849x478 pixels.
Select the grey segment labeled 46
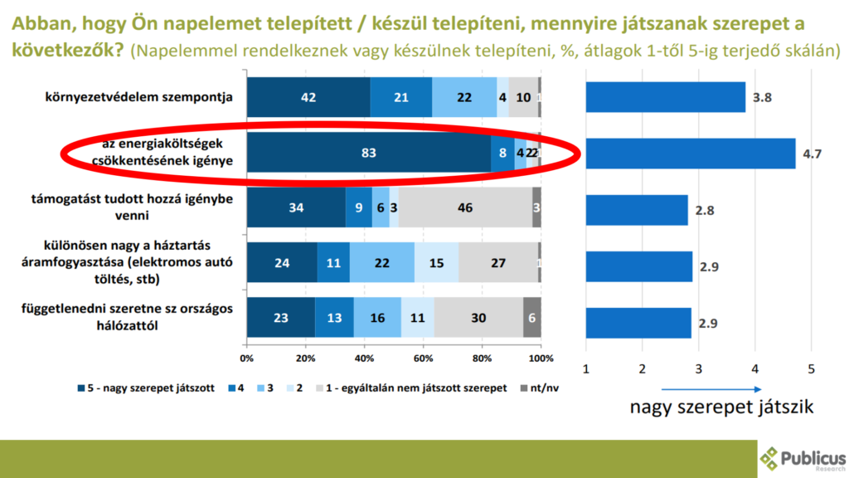coord(465,208)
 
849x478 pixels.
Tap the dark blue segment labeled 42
coord(308,97)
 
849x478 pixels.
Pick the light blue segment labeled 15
coord(436,263)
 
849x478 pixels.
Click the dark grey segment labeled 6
coord(532,318)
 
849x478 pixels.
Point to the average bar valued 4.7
coord(690,154)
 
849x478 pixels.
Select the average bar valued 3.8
coord(665,97)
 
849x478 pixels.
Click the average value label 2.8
coord(706,210)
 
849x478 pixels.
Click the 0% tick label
coord(246,358)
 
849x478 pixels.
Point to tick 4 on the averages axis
coord(755,368)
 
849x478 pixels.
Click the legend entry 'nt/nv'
coord(540,388)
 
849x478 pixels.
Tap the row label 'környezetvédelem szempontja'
coord(138,98)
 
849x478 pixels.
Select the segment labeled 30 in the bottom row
coord(478,318)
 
